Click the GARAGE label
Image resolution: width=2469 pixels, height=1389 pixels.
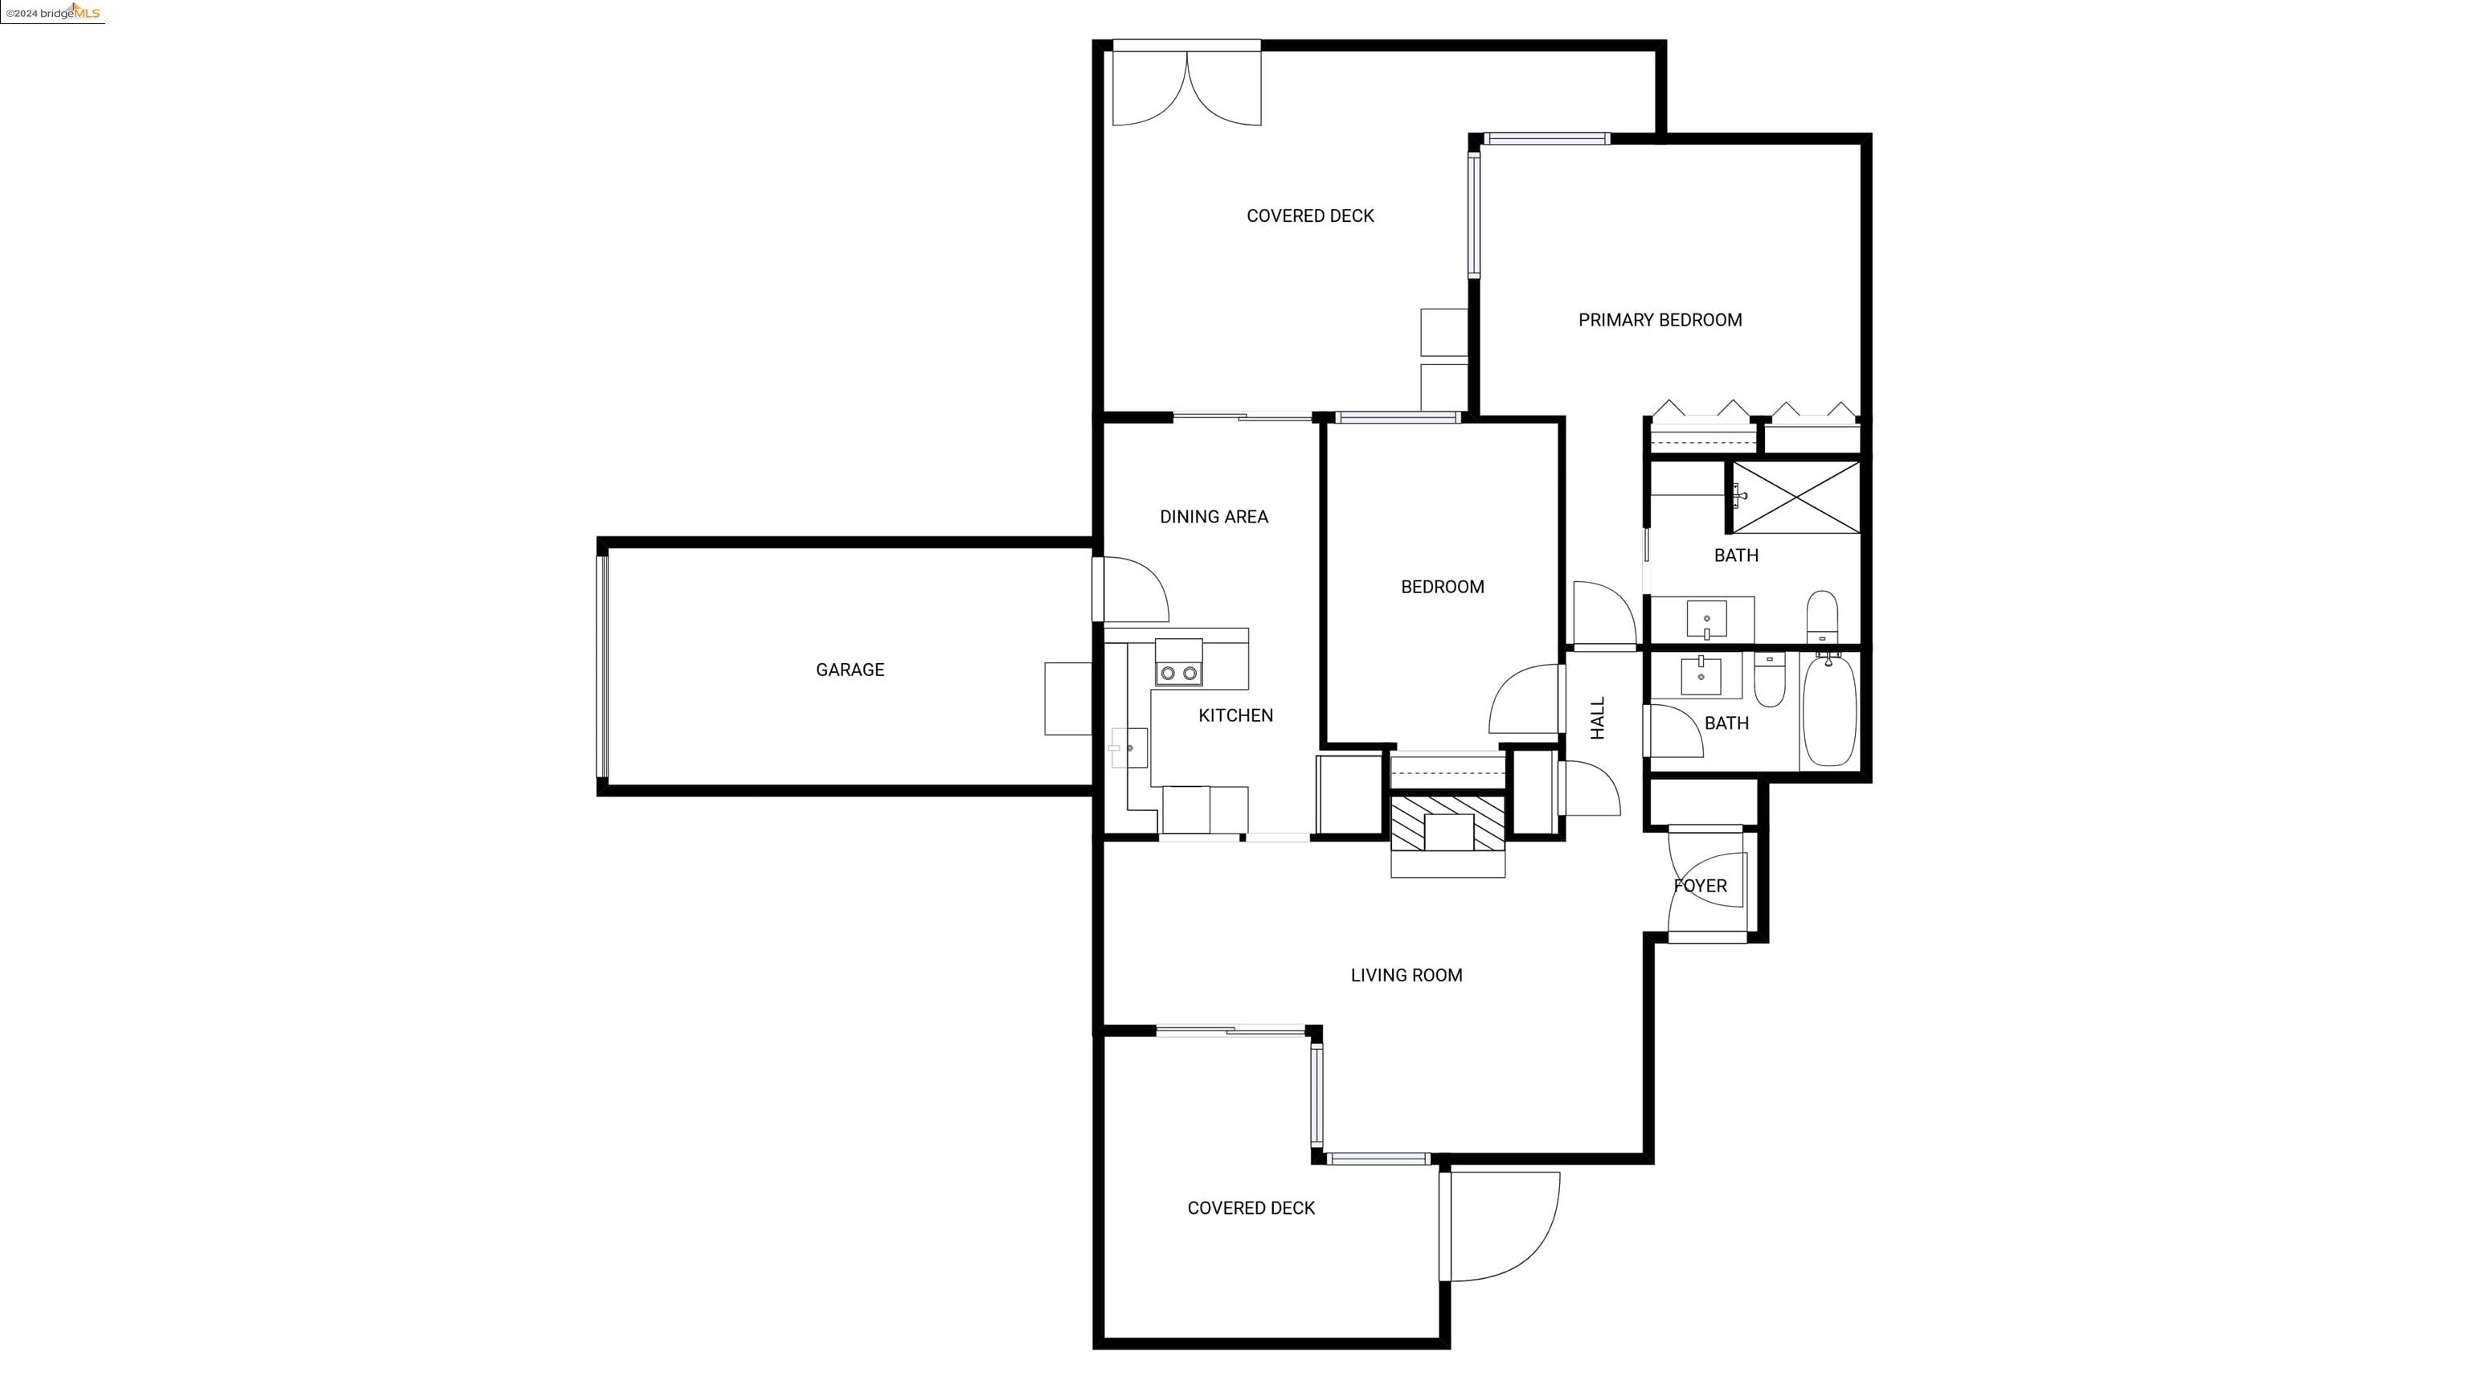click(850, 670)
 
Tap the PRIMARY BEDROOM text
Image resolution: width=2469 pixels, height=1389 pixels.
click(1660, 320)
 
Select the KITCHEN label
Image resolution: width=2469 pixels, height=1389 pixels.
click(1235, 715)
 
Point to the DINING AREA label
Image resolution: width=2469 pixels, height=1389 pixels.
click(1214, 517)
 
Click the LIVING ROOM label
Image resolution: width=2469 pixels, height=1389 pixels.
click(1406, 975)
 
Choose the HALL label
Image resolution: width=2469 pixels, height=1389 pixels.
click(1598, 718)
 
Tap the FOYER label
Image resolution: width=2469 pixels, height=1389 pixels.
click(1701, 886)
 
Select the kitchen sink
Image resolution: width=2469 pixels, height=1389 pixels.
click(1129, 748)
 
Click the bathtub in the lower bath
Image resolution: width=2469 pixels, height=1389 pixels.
click(1828, 709)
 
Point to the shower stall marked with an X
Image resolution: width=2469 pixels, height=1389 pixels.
click(1796, 497)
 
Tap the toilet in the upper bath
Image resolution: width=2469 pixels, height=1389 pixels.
click(1822, 617)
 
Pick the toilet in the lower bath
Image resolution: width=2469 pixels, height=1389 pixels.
click(1769, 680)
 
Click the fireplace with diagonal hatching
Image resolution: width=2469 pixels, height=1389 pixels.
click(1447, 823)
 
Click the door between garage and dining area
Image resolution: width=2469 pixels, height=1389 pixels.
click(1131, 589)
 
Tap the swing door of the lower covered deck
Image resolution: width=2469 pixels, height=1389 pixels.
click(1500, 1226)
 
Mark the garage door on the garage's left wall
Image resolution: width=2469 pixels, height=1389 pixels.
click(603, 667)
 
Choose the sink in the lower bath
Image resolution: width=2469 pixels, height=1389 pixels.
click(1701, 676)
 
